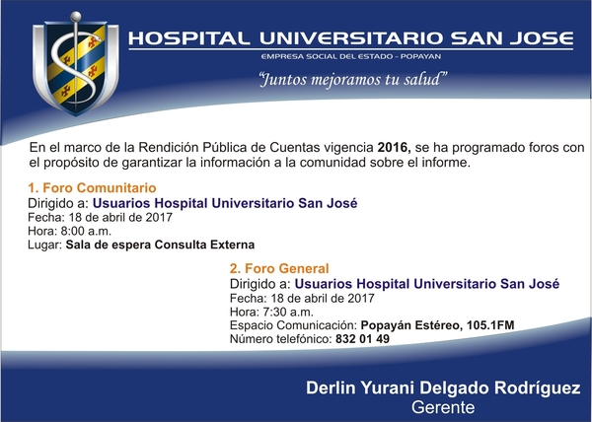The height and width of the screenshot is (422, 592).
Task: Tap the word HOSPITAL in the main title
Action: point(188,38)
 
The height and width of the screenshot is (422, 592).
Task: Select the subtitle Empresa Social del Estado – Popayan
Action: point(350,56)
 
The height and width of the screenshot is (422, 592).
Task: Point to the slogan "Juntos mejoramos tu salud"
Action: point(353,80)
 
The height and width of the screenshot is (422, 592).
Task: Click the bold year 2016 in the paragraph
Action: point(394,148)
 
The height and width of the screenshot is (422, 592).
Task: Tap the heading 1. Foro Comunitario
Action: point(92,187)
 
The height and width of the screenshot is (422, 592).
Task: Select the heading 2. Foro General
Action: point(279,268)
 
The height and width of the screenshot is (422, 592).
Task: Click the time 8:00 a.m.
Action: point(86,231)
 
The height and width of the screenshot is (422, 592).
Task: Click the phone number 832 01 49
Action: point(362,338)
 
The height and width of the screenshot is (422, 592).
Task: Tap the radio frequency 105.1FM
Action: point(490,325)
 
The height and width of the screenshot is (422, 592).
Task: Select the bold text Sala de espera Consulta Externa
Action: point(160,245)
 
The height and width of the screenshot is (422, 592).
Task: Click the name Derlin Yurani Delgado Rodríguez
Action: point(443,387)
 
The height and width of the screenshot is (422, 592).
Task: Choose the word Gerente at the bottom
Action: point(443,407)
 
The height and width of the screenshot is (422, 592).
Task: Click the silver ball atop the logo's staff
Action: point(76,17)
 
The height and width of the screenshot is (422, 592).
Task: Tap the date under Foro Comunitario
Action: point(120,217)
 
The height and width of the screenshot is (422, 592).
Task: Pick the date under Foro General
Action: point(323,298)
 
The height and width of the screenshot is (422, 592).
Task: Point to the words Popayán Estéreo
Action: point(411,325)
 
